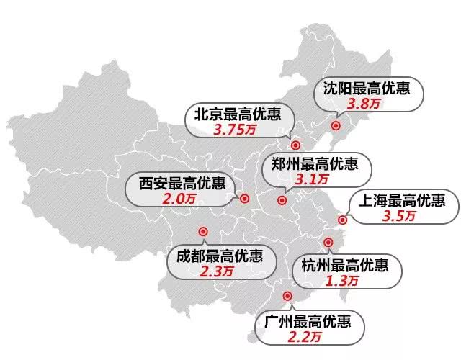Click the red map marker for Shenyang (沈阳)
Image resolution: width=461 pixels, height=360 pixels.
point(335,126)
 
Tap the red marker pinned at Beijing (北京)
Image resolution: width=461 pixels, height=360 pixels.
point(295,143)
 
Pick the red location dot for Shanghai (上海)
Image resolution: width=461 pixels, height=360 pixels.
point(343,220)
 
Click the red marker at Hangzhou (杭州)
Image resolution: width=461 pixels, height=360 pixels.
point(328,243)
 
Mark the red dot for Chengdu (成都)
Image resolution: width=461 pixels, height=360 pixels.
point(202,232)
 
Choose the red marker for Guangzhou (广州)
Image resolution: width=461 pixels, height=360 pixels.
point(287,295)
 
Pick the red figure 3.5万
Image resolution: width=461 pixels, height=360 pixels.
point(400,215)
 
